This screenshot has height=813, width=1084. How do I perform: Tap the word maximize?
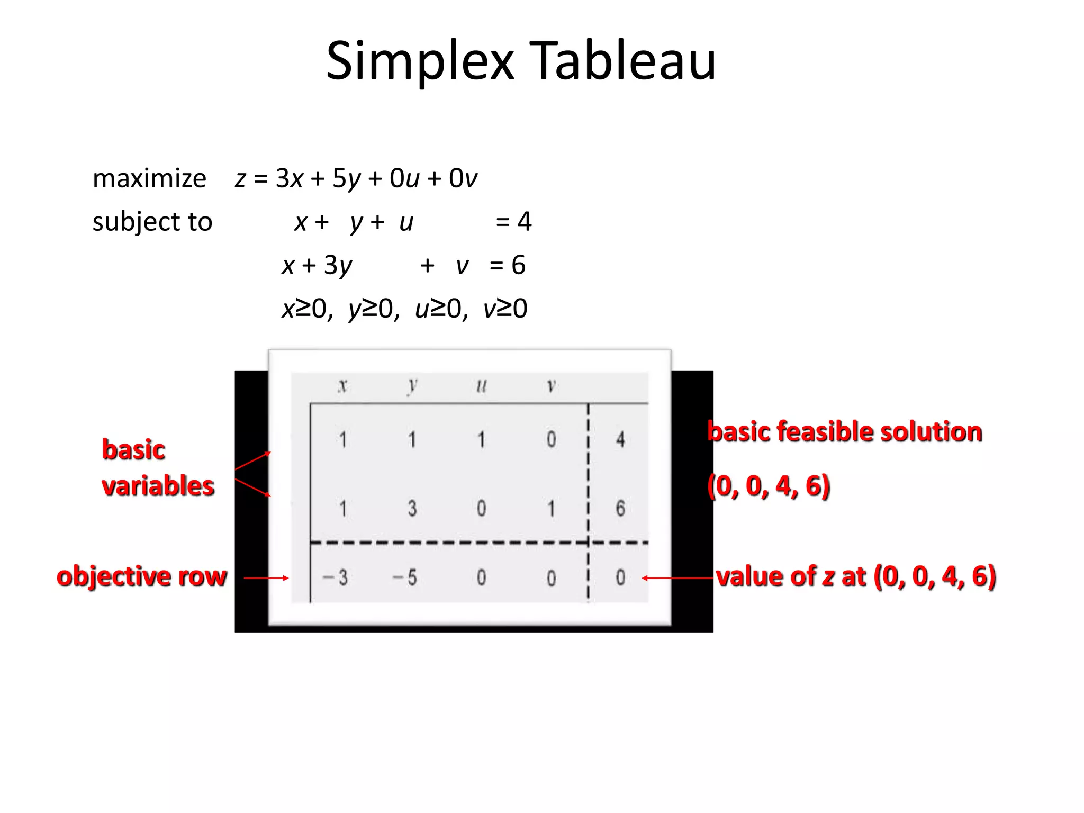pyautogui.click(x=149, y=178)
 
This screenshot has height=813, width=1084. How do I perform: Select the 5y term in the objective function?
pyautogui.click(x=346, y=179)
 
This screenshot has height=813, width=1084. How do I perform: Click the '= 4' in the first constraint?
pyautogui.click(x=513, y=221)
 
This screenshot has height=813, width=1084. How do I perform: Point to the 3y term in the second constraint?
pyautogui.click(x=338, y=265)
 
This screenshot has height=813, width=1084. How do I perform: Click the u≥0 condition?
pyautogui.click(x=441, y=309)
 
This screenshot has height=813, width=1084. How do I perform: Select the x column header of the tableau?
pyautogui.click(x=343, y=385)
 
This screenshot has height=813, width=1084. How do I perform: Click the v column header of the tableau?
pyautogui.click(x=551, y=386)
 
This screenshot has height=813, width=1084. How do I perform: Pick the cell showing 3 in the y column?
pyautogui.click(x=412, y=508)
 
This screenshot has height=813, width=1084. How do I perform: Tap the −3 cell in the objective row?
pyautogui.click(x=336, y=577)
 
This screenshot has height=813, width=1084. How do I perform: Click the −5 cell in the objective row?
pyautogui.click(x=405, y=577)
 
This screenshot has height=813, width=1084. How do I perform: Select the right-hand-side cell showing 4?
pyautogui.click(x=620, y=439)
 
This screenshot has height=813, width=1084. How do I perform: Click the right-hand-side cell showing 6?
pyautogui.click(x=620, y=508)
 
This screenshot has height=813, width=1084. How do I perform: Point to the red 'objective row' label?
pyautogui.click(x=142, y=576)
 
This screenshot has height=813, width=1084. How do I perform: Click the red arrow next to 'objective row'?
pyautogui.click(x=266, y=578)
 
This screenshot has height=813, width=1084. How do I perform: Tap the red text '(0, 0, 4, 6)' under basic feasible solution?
pyautogui.click(x=769, y=486)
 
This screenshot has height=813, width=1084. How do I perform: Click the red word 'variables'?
pyautogui.click(x=158, y=486)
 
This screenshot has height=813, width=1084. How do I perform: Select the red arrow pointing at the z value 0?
pyautogui.click(x=677, y=578)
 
